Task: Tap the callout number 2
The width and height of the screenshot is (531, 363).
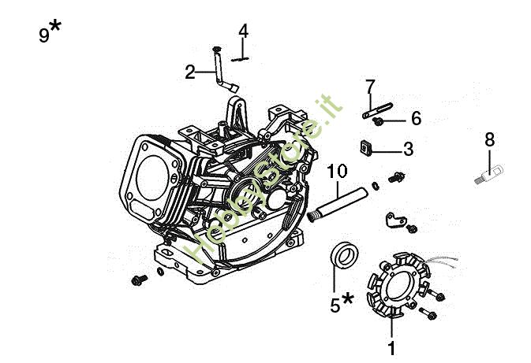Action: point(189,72)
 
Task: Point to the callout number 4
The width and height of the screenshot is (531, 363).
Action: point(243,31)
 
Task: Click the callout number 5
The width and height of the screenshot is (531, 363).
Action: point(335,303)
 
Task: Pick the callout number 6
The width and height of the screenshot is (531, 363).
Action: point(415,119)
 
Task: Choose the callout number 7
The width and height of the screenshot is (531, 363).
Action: point(370,86)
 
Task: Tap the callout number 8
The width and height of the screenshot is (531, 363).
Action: point(490,139)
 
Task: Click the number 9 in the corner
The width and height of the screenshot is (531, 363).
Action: point(44,35)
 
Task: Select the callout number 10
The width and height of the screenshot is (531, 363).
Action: point(336,171)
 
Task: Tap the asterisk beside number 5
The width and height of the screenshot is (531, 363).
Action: point(348,298)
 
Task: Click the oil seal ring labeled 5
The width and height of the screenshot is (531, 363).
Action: point(342,255)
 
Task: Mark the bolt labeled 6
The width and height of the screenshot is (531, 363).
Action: point(380,120)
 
